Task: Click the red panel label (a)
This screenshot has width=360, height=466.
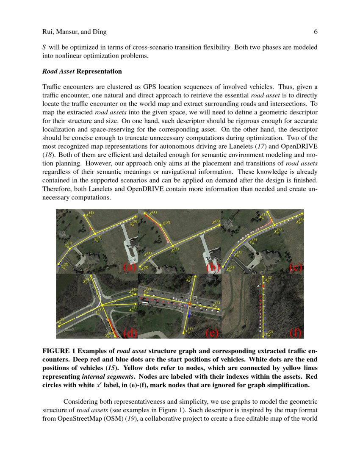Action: point(129,267)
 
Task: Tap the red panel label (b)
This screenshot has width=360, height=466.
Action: point(211,267)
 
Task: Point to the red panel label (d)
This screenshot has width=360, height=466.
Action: point(129,333)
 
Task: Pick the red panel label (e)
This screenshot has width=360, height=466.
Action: point(211,333)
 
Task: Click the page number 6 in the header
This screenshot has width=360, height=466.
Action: point(316,32)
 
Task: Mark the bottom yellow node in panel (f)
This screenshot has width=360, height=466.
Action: point(263,336)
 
